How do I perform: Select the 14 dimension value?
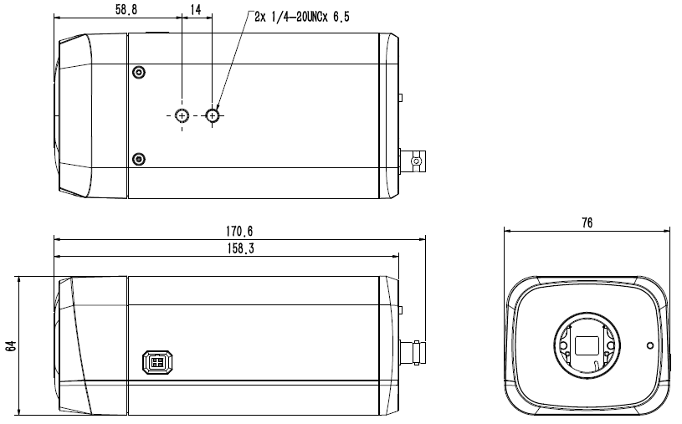click(196, 8)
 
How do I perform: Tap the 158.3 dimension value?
click(238, 248)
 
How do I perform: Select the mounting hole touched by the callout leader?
click(213, 115)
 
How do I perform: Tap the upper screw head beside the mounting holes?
click(139, 72)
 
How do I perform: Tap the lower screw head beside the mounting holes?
click(139, 159)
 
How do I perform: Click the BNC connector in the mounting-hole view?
click(414, 159)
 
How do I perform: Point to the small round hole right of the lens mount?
click(649, 344)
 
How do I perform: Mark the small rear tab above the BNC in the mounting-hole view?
click(402, 98)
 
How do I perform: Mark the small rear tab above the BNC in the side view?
click(402, 309)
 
